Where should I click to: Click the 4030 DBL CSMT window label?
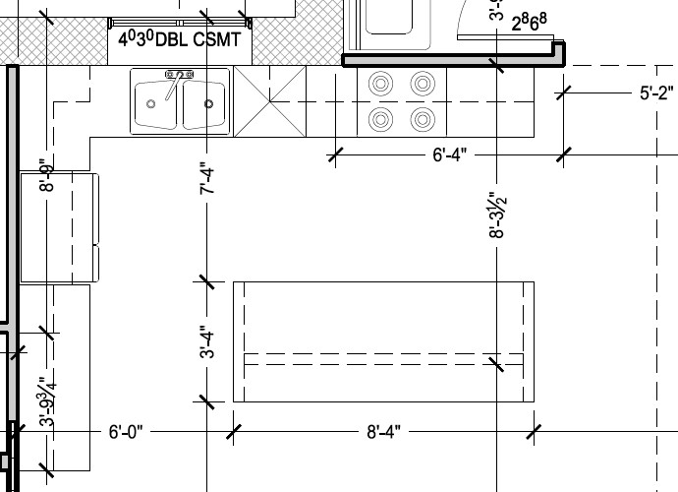coord(180,39)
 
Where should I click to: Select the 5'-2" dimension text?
coord(655,94)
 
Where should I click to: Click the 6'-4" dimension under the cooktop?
coord(449,154)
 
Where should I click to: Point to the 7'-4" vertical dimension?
coord(207,178)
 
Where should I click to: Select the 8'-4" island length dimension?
coord(383,432)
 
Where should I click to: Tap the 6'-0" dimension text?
coord(126,432)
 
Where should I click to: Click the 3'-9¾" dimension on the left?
coord(45,400)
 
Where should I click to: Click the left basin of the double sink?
coord(154,103)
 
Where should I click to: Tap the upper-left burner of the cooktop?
coord(379,85)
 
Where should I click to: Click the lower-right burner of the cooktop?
coord(423,120)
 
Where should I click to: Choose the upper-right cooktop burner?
coord(423,85)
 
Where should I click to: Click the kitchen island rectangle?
coord(383,341)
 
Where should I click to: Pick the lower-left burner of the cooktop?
coord(379,120)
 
